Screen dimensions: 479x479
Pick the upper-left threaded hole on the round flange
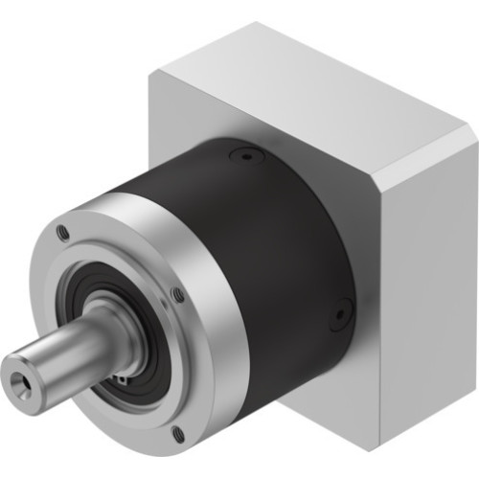pos(63,231)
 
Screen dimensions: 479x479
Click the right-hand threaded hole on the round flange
pos(177,295)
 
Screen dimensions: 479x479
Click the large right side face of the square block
pos(422,287)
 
